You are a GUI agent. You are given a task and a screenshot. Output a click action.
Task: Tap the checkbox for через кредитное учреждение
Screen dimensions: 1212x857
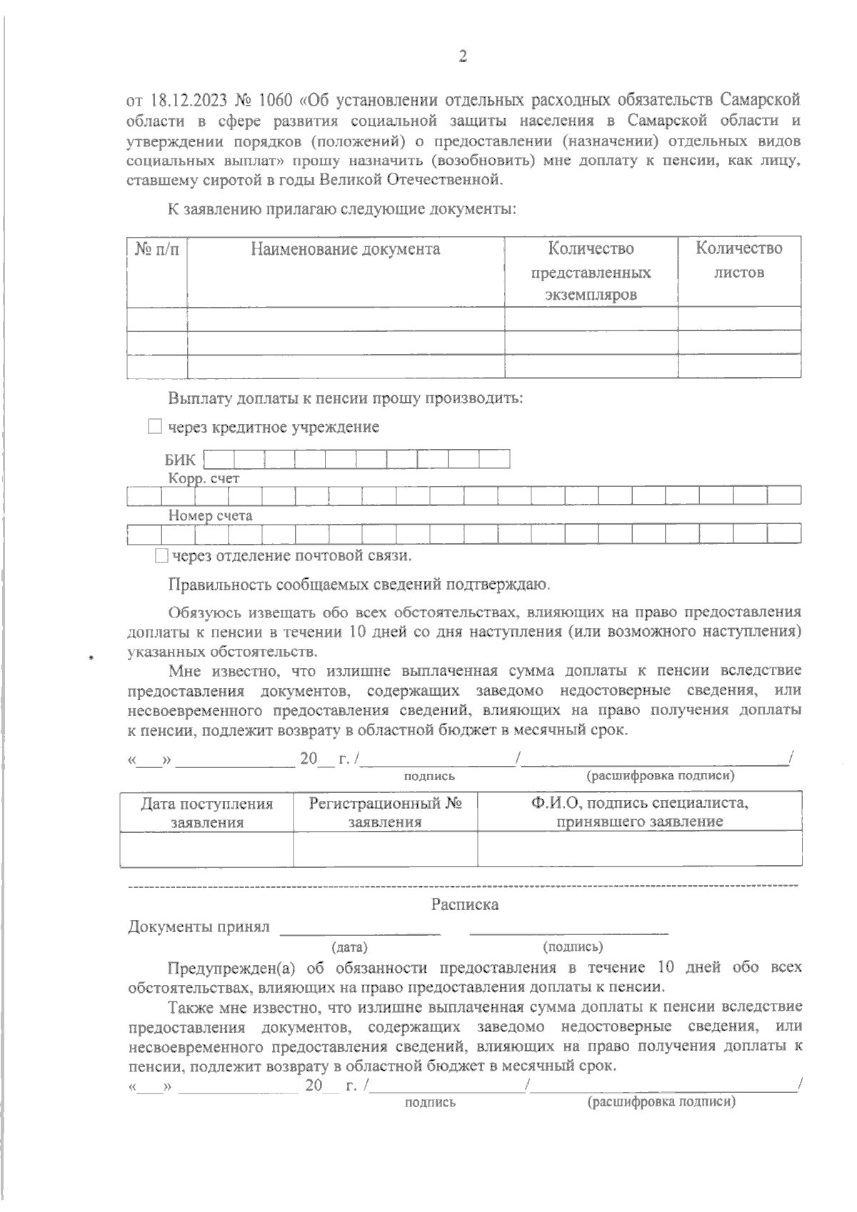pos(155,427)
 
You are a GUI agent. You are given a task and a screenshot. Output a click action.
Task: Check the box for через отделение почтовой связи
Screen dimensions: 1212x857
pos(161,555)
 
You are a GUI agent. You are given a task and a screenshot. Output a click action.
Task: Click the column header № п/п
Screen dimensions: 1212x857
pos(157,249)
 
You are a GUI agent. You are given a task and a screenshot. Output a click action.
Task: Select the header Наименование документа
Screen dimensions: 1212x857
pos(345,249)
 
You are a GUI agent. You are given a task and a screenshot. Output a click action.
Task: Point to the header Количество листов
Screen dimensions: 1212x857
pos(738,261)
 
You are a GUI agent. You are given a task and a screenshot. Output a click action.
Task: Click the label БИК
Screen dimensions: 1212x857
pos(180,460)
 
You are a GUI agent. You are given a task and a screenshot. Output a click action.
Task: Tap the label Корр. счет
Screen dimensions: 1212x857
pos(204,478)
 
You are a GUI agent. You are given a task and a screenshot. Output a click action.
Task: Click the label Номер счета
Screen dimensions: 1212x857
pos(210,515)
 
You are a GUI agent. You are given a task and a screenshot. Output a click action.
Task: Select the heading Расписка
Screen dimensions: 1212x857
pos(464,905)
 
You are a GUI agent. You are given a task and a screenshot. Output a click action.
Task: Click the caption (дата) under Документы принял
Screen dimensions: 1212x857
pos(349,948)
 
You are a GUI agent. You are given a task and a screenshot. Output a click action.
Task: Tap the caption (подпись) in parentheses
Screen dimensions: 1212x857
pos(573,947)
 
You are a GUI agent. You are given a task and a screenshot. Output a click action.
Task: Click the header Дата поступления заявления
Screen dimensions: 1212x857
pos(206,812)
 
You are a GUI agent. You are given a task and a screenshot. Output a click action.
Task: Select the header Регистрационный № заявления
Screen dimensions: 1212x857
pos(385,812)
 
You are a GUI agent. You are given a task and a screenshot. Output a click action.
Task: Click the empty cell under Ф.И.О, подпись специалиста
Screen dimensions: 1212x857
pos(639,849)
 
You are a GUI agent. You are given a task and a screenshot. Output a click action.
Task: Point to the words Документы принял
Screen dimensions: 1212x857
pos(199,926)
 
